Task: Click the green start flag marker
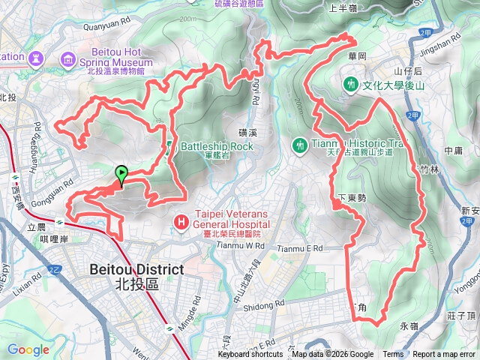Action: (121, 175)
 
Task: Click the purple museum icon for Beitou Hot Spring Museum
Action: (69, 58)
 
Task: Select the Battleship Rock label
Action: (217, 146)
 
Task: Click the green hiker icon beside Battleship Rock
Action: (170, 146)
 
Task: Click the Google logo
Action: (28, 349)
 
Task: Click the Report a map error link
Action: (444, 355)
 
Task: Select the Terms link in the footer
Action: (393, 355)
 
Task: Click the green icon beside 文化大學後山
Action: (350, 85)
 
